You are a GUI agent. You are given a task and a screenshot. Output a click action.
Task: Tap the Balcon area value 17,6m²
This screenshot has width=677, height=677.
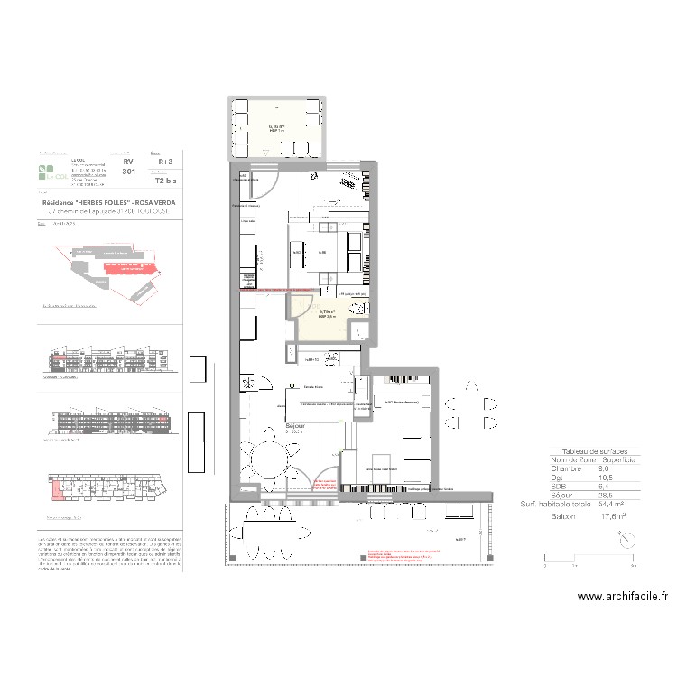pyautogui.click(x=613, y=518)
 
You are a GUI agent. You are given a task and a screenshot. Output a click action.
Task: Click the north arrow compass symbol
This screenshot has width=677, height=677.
pyautogui.click(x=626, y=539)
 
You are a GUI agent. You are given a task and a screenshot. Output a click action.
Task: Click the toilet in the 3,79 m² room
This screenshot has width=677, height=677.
pyautogui.click(x=360, y=309)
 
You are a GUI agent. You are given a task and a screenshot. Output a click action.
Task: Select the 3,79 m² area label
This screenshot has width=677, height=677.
pyautogui.click(x=327, y=311)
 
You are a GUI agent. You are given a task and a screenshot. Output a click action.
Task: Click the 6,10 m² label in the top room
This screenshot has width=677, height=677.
pyautogui.click(x=277, y=127)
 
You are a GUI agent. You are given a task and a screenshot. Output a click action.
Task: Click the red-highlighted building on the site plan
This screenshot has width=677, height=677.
pyautogui.click(x=125, y=267)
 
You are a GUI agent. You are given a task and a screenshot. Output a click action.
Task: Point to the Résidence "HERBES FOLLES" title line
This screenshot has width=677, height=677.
pyautogui.click(x=108, y=203)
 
